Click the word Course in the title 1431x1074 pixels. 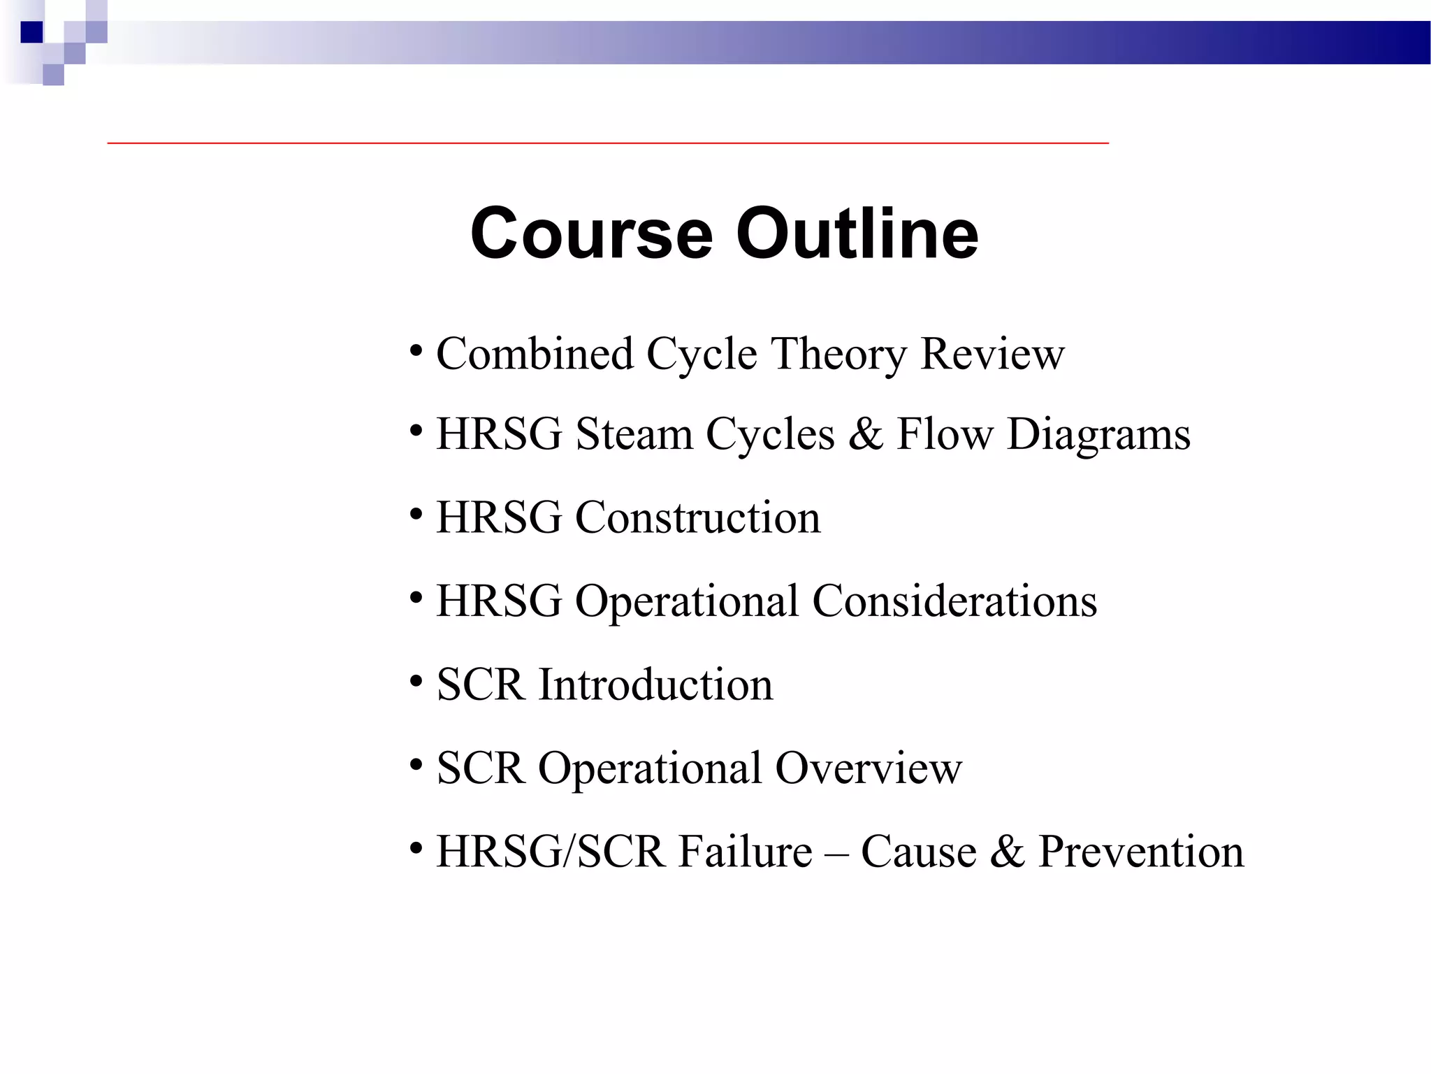pos(591,234)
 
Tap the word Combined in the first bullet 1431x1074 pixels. pos(535,354)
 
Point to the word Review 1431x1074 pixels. pos(992,354)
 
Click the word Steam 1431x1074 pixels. pos(634,434)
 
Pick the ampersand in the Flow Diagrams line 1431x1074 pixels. pos(865,434)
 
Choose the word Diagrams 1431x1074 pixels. pos(1098,436)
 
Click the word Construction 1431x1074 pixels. pos(697,518)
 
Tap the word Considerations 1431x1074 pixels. pos(954,601)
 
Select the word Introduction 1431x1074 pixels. pos(655,685)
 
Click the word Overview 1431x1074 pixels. pos(869,768)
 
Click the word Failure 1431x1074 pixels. pos(746,852)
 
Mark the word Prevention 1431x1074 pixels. pos(1141,852)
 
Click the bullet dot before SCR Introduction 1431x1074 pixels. pos(416,681)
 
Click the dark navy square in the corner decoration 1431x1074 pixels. pos(32,32)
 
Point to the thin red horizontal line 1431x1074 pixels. pos(608,143)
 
